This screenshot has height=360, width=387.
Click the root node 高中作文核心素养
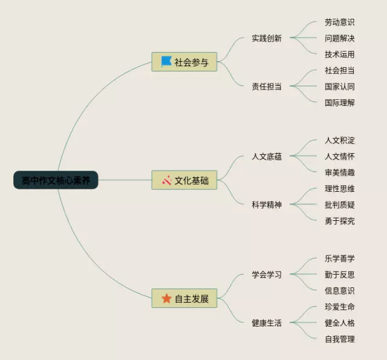click(56, 180)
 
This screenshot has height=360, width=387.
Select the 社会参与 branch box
click(184, 62)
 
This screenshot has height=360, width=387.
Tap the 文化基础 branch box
click(184, 180)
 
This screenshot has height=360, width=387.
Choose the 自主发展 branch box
click(184, 298)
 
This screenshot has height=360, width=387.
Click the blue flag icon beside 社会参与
click(166, 62)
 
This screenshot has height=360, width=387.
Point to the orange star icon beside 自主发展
click(166, 298)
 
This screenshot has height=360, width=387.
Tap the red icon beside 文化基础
click(166, 180)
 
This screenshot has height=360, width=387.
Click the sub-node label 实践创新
click(267, 38)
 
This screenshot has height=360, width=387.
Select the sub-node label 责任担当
click(267, 86)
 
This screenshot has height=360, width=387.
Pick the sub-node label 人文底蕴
click(267, 157)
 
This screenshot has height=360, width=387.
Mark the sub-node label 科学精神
click(267, 205)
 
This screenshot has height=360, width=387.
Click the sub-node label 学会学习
click(267, 275)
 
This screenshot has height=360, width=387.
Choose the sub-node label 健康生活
click(267, 322)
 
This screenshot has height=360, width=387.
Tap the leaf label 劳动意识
click(339, 22)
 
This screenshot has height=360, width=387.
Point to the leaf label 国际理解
click(339, 102)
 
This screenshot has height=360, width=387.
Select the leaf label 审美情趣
click(339, 172)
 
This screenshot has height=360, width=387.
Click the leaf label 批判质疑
click(339, 205)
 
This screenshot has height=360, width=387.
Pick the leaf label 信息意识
click(339, 290)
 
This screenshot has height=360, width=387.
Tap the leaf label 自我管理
click(339, 339)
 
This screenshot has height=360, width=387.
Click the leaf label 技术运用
click(339, 54)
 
